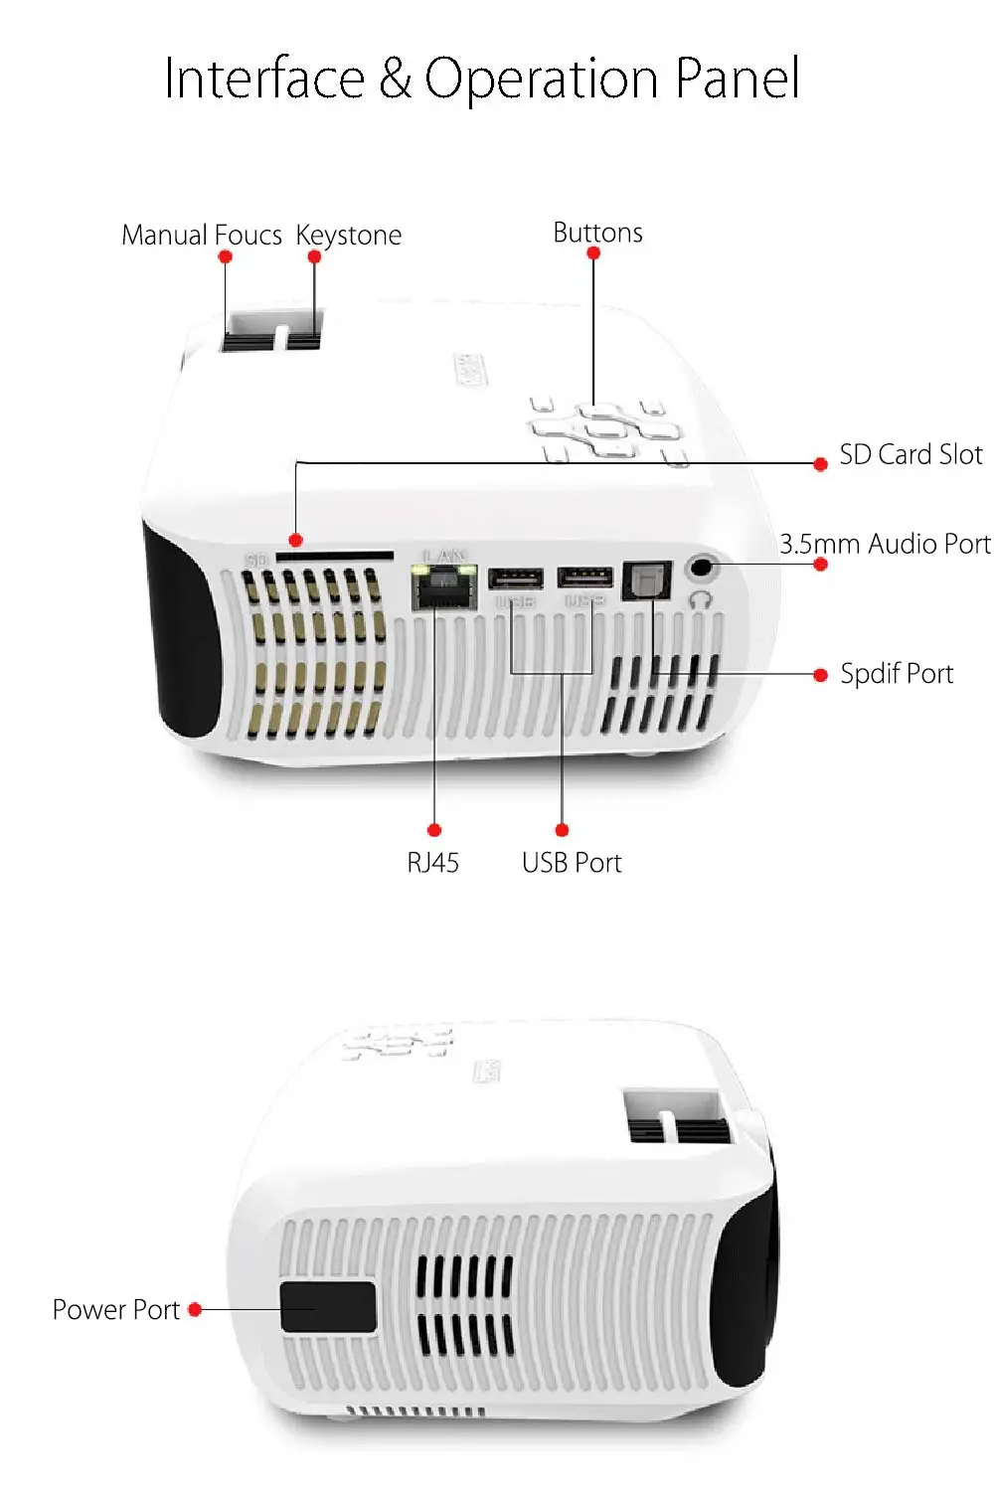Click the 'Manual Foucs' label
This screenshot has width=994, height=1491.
(x=201, y=236)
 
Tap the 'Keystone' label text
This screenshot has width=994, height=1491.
(x=349, y=236)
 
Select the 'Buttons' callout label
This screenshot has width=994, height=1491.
(x=597, y=233)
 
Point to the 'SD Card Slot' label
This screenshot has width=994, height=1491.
(x=911, y=454)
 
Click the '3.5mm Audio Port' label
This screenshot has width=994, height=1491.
(x=885, y=544)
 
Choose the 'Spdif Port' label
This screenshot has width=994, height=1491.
(x=897, y=674)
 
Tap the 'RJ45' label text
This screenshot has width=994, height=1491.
(x=432, y=863)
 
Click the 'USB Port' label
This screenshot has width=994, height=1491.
(x=572, y=863)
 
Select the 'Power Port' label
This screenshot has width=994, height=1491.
(x=115, y=1310)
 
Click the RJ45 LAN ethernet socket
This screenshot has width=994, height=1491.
(x=444, y=587)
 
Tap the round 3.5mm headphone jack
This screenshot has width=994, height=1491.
(x=703, y=569)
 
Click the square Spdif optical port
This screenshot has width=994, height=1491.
(x=646, y=580)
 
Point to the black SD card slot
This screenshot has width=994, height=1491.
(x=334, y=557)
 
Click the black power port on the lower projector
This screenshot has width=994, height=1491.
(x=328, y=1307)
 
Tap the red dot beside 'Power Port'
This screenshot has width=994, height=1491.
(x=195, y=1310)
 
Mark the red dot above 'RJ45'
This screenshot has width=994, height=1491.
(x=433, y=830)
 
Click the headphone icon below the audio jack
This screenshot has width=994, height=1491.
(x=701, y=599)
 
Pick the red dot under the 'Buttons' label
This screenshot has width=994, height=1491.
(x=593, y=253)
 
